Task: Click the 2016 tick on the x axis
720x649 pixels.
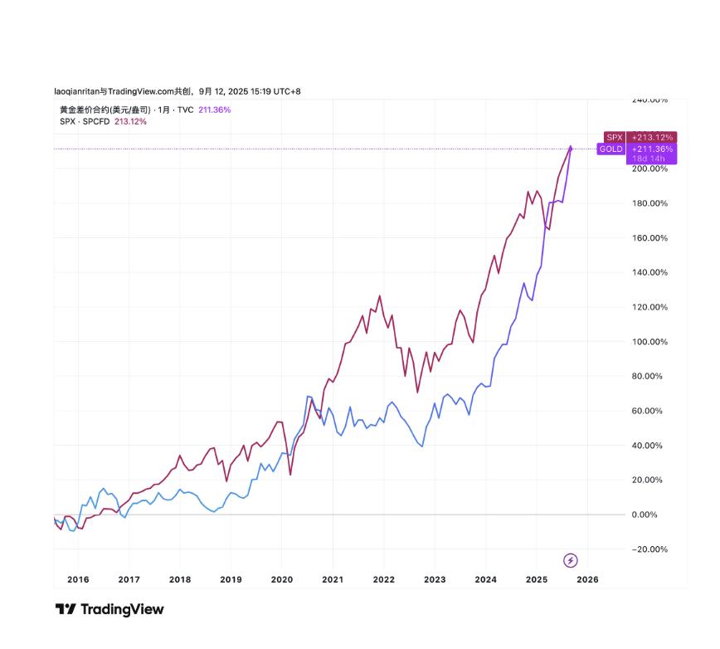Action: (x=78, y=579)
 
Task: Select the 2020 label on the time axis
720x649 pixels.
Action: (x=282, y=579)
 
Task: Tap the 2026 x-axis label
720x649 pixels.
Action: (x=587, y=579)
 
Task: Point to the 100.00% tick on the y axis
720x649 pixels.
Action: (x=650, y=342)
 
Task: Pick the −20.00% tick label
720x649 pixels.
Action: (x=650, y=549)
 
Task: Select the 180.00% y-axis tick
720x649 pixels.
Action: (x=650, y=203)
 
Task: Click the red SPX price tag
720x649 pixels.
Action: (x=614, y=137)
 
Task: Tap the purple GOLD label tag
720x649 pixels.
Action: (x=611, y=149)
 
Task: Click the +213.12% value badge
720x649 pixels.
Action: (x=651, y=137)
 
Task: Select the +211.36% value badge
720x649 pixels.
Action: (x=651, y=149)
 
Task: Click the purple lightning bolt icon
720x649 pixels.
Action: (x=570, y=560)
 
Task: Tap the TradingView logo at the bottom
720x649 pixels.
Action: (x=109, y=609)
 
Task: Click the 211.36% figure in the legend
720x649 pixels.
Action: (x=215, y=110)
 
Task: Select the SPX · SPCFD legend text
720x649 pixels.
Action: (x=85, y=121)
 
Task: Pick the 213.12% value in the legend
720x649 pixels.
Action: (x=130, y=121)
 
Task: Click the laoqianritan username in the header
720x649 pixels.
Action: (x=75, y=91)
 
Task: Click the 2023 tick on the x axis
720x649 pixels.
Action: (x=435, y=579)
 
